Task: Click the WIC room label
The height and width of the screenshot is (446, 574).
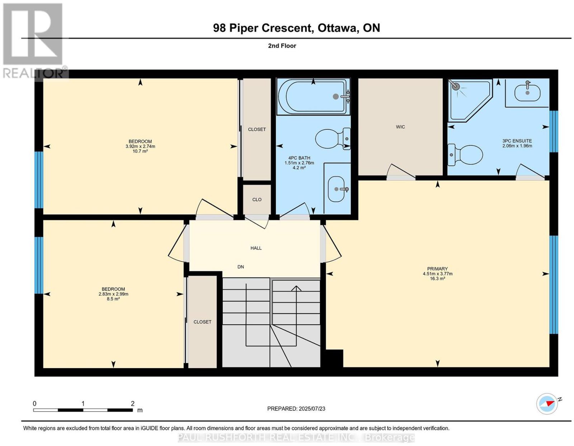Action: [x=400, y=127]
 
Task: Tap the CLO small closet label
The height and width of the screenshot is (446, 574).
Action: [x=257, y=199]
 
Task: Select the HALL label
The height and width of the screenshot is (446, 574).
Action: [x=256, y=248]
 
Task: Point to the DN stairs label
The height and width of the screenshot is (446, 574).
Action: [x=240, y=267]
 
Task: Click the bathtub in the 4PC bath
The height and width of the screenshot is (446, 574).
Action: [x=313, y=97]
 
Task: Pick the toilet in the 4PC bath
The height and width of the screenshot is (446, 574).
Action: [x=333, y=139]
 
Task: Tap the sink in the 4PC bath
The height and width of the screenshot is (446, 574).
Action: [x=337, y=189]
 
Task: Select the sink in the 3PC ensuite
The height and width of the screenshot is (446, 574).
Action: [x=527, y=93]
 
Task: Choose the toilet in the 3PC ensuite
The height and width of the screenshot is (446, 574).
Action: [x=465, y=155]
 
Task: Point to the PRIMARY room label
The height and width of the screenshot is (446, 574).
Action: [x=437, y=269]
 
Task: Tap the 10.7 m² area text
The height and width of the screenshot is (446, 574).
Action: [x=140, y=151]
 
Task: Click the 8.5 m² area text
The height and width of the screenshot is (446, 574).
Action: [x=113, y=299]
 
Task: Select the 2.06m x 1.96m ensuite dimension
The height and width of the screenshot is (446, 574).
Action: [x=517, y=146]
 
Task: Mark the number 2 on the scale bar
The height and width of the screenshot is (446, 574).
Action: [x=133, y=403]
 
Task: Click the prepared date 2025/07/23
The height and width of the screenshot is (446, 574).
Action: [x=312, y=409]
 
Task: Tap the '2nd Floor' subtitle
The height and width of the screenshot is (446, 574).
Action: [x=282, y=46]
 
